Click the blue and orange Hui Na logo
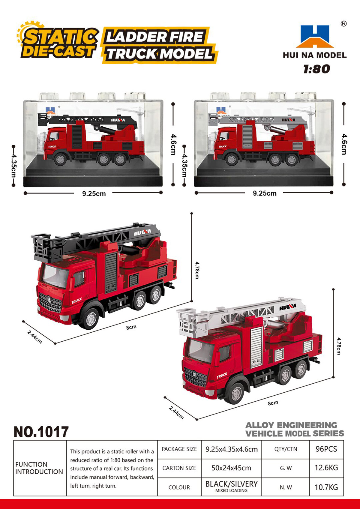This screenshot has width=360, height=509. (x=315, y=36)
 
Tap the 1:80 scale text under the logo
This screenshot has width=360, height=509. (x=316, y=69)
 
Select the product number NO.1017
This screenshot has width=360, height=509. (x=41, y=432)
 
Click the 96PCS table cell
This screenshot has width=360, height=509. (x=326, y=449)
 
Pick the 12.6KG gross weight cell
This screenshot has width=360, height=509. (x=326, y=468)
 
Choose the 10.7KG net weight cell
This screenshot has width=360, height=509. (x=326, y=487)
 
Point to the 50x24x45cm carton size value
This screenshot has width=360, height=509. (x=231, y=468)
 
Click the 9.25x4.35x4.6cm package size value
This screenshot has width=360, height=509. (x=232, y=449)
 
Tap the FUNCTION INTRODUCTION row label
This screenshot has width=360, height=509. (x=39, y=468)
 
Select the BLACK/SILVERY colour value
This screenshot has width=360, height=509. (x=232, y=484)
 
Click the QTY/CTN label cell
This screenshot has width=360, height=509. (x=286, y=449)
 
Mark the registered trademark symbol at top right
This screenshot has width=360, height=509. (x=343, y=24)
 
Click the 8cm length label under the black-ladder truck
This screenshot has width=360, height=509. (x=131, y=328)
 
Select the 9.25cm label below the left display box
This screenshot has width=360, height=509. (x=94, y=194)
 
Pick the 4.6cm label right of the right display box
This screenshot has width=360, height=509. (x=344, y=144)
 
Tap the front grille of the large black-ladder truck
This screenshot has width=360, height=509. (x=50, y=303)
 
